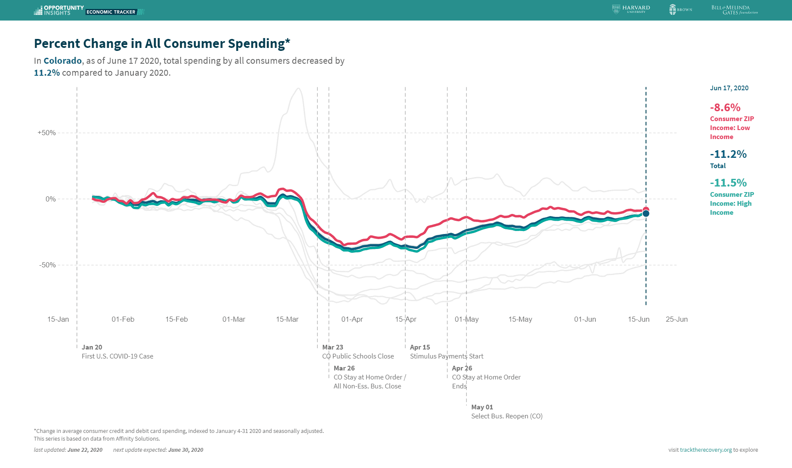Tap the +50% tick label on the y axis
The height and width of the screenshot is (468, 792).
(x=47, y=133)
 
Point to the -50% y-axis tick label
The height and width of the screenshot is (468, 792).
(x=47, y=265)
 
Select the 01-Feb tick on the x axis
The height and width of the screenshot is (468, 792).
(x=123, y=319)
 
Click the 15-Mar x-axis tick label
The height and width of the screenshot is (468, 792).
(x=287, y=319)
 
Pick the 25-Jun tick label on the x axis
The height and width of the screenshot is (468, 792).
(x=676, y=319)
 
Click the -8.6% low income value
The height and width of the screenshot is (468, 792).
(x=725, y=107)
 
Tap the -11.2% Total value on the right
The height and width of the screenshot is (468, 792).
(x=728, y=154)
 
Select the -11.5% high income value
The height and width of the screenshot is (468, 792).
(x=728, y=183)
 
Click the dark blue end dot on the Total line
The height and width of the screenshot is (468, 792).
(x=646, y=213)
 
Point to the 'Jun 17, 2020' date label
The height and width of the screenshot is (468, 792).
(x=729, y=88)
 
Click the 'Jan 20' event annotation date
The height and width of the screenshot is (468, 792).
(x=92, y=347)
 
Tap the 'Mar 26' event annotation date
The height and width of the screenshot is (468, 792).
(x=344, y=368)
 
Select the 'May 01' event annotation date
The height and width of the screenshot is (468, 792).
(x=482, y=407)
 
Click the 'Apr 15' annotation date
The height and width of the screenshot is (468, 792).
(x=420, y=347)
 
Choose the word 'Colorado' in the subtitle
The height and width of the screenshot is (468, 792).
(x=62, y=61)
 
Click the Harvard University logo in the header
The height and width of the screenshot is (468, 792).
(x=631, y=9)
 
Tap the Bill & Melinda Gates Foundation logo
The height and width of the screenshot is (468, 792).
(x=734, y=10)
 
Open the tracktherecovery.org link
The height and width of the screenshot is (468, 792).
(x=706, y=450)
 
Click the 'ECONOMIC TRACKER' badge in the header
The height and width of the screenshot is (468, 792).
(x=111, y=12)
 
